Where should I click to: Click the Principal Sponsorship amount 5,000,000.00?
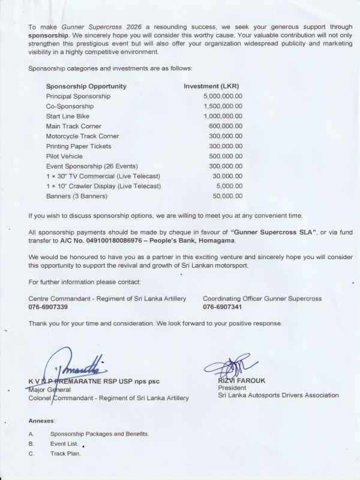[223, 96]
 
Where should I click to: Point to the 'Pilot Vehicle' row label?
[65, 156]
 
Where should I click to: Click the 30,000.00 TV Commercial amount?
[228, 176]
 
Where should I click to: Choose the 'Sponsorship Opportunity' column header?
[86, 86]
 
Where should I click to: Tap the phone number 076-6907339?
[48, 306]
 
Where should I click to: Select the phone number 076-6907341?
[222, 306]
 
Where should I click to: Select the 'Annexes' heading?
[42, 421]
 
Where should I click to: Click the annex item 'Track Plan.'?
[65, 453]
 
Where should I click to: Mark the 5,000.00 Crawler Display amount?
[230, 186]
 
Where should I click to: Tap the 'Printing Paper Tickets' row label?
[79, 146]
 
